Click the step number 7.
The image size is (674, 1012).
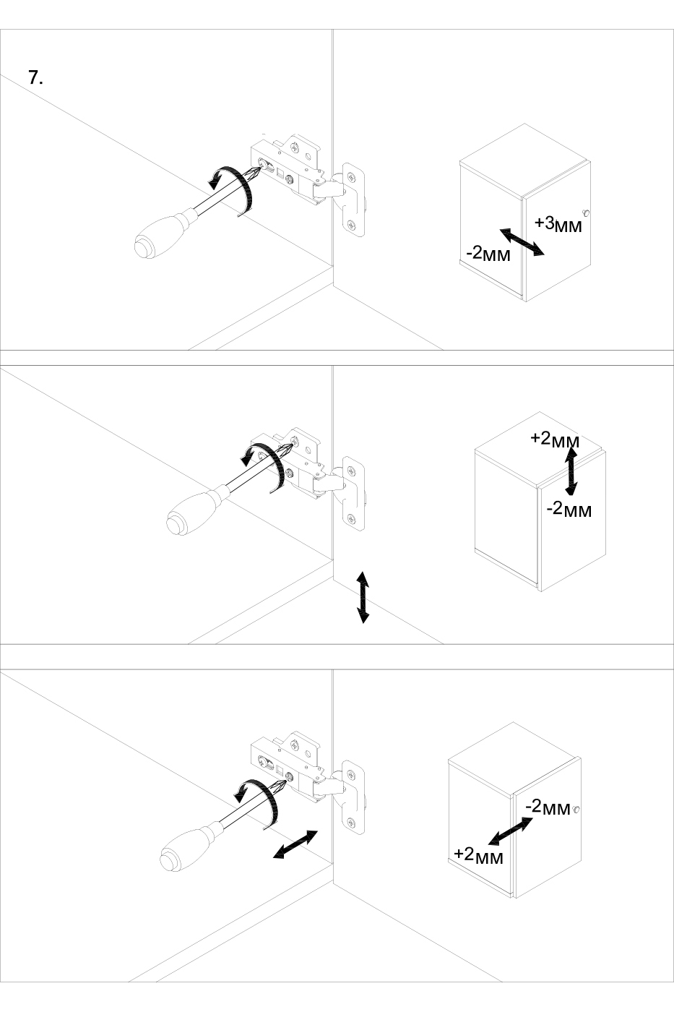pos(35,78)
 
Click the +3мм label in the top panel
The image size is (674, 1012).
pos(558,224)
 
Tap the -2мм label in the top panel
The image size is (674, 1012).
pos(488,254)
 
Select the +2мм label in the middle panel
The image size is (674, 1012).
pos(555,439)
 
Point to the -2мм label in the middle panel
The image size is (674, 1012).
pos(569,510)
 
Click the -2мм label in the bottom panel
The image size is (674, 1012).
pos(548,807)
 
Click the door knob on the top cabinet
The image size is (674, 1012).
pos(587,213)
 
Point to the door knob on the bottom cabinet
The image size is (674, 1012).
pos(576,809)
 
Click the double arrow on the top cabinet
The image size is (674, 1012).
pos(522,242)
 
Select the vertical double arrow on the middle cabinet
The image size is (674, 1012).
pos(571,471)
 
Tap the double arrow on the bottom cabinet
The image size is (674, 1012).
pos(510,831)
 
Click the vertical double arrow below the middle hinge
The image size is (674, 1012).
pos(363,597)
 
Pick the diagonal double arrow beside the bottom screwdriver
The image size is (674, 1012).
pos(295,844)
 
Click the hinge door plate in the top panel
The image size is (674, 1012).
pos(353,200)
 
